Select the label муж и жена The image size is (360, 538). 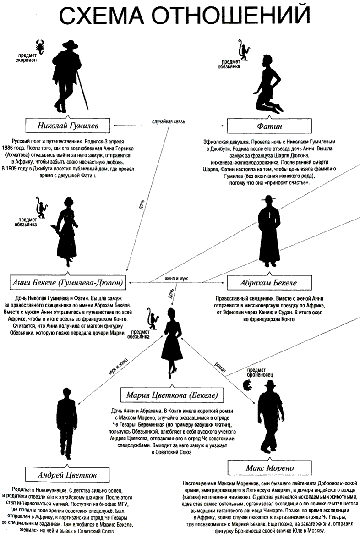(117, 365)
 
